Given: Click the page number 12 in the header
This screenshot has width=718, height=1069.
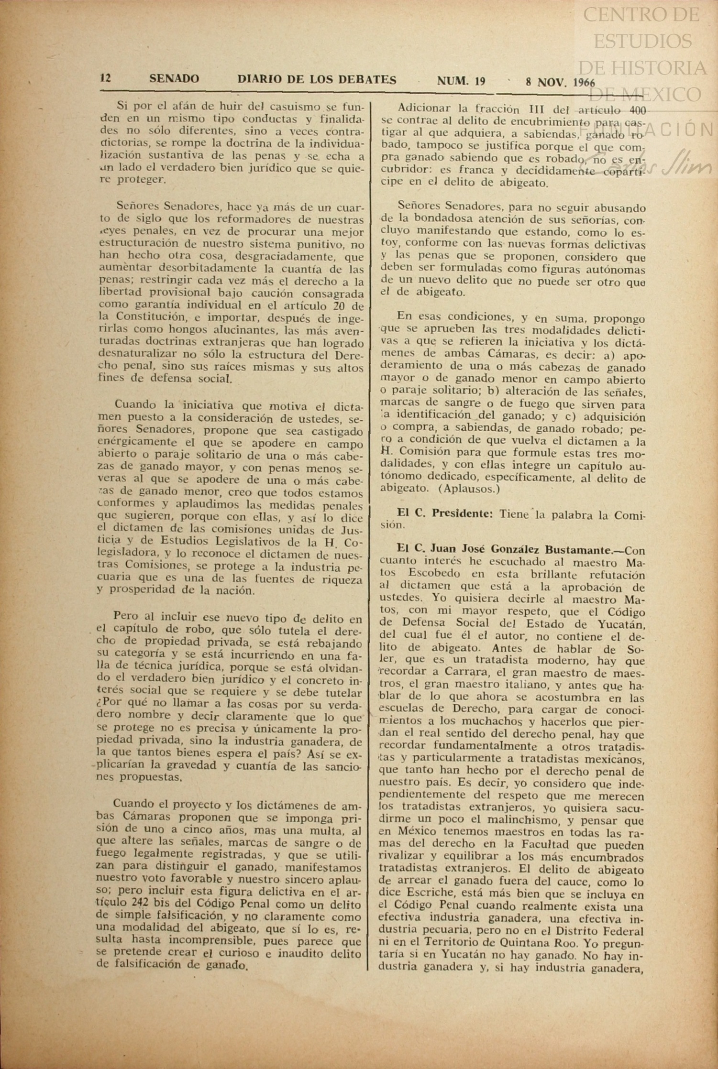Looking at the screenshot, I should tap(106, 78).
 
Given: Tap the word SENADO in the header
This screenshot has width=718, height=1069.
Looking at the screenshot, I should tap(174, 79).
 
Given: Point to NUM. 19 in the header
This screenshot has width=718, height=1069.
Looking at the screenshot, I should tap(461, 81).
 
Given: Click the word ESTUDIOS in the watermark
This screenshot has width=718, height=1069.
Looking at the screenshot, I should tap(643, 41).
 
